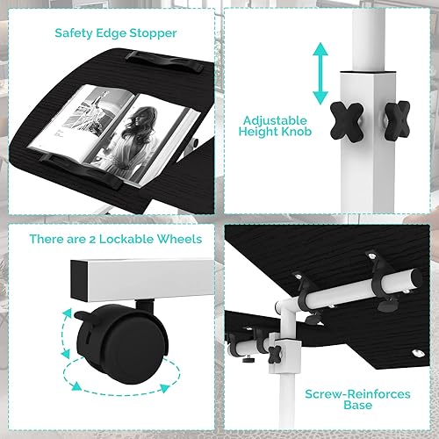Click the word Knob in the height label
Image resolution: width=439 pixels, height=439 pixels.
tap(296, 132)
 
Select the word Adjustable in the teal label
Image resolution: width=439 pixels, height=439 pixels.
tap(275, 120)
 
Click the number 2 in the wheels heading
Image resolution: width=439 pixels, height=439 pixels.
tap(92, 240)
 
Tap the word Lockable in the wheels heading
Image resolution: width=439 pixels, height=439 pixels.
tap(126, 239)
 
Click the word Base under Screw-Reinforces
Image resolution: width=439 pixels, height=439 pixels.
tap(357, 406)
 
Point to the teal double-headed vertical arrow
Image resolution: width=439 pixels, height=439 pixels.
tap(320, 74)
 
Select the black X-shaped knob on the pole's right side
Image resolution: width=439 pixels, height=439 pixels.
tap(397, 120)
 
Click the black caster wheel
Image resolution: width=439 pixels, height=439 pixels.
tap(122, 344)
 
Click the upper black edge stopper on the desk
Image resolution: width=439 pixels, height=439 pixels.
tap(165, 62)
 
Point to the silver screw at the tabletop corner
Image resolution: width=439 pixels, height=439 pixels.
tap(418, 353)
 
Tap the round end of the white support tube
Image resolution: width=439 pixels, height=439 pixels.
tap(415, 278)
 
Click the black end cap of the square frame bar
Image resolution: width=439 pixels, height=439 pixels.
tap(80, 281)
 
